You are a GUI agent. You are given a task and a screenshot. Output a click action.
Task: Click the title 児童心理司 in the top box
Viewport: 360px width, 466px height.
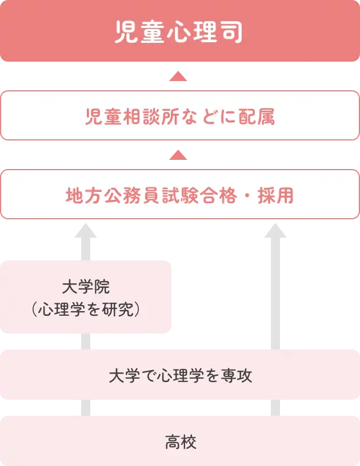(179, 33)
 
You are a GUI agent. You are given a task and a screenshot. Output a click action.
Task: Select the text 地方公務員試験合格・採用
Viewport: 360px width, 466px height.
(179, 196)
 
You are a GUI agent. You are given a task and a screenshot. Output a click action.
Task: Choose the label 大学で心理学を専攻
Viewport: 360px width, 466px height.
(179, 376)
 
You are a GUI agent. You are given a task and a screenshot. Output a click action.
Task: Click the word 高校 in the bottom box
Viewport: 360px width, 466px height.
(179, 443)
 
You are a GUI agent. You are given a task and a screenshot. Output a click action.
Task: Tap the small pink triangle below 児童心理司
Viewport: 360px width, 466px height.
(179, 77)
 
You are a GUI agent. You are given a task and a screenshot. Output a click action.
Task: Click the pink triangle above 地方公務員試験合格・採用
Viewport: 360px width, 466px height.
(179, 154)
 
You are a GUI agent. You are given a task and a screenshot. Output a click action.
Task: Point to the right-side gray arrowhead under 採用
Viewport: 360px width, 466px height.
(277, 231)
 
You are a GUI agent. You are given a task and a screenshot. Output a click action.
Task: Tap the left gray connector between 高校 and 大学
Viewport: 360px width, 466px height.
(85, 408)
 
